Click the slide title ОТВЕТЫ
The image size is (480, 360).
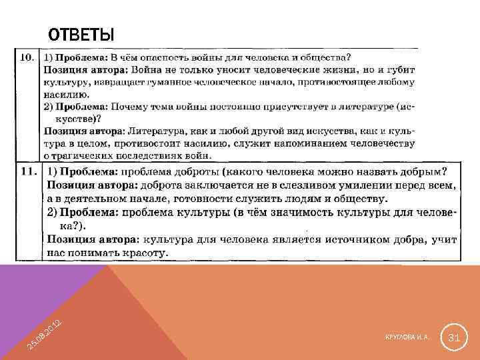pos(81,35)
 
